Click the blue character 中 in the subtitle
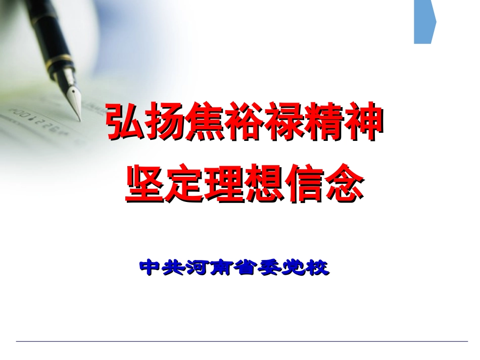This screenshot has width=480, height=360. click(150, 267)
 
